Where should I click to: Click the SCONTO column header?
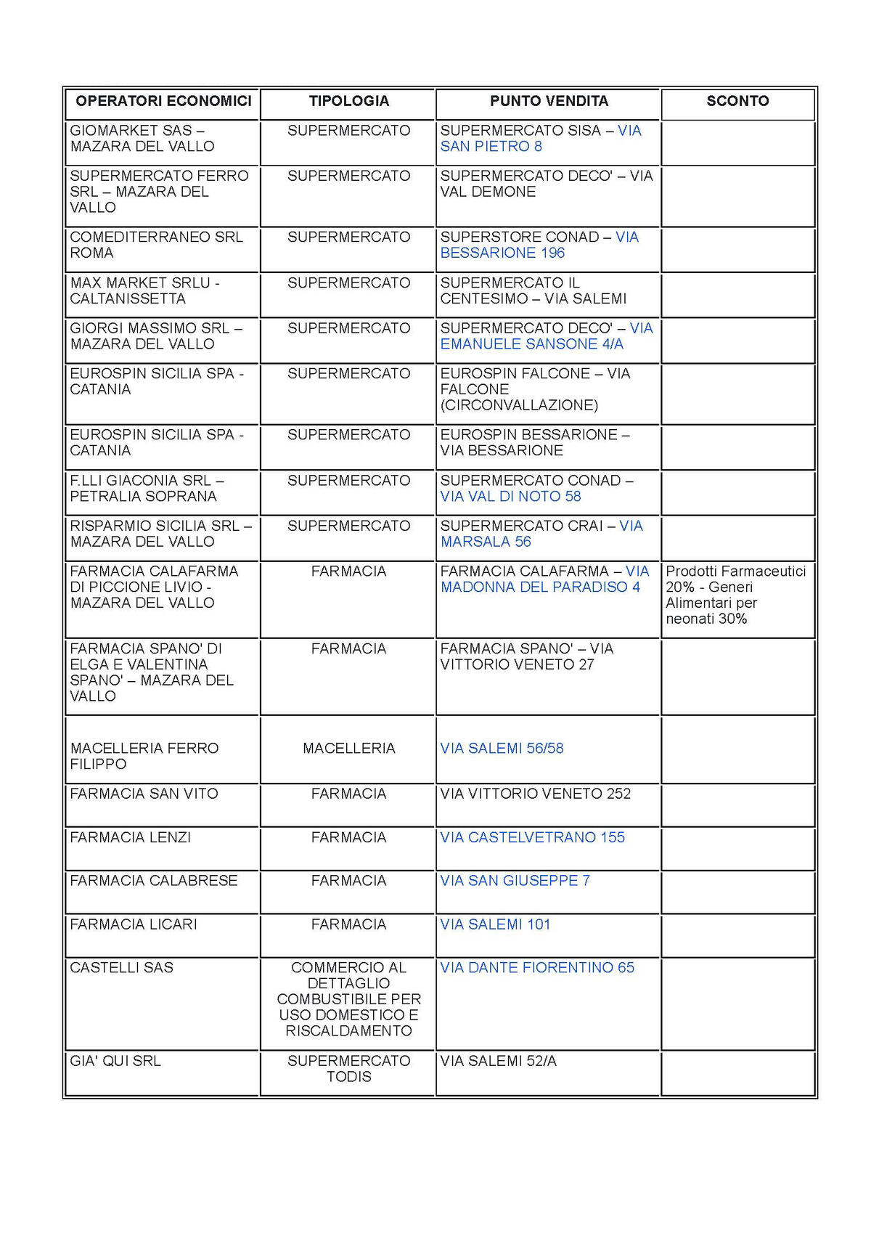point(737,102)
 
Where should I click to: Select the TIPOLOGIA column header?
point(348,102)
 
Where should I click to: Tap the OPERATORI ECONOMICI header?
point(163,102)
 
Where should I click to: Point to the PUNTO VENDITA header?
point(549,102)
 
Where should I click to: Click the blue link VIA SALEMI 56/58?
point(502,749)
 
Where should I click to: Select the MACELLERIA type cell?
point(348,749)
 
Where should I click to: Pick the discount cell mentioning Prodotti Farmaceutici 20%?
point(736,595)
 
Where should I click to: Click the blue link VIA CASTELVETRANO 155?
point(532,838)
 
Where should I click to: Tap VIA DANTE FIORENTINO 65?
point(537,968)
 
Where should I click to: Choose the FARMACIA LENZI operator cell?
point(131,838)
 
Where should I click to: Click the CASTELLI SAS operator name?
point(122,968)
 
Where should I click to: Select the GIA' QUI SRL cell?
point(115,1062)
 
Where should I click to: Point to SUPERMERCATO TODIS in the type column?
point(348,1069)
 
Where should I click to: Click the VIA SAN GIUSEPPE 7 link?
point(515,881)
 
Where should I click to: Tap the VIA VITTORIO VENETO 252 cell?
point(536,794)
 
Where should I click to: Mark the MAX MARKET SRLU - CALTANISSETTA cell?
point(144,291)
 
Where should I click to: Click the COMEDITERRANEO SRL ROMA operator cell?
point(156,245)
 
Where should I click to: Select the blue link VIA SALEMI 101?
point(495,924)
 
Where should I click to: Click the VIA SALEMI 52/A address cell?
point(498,1062)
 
